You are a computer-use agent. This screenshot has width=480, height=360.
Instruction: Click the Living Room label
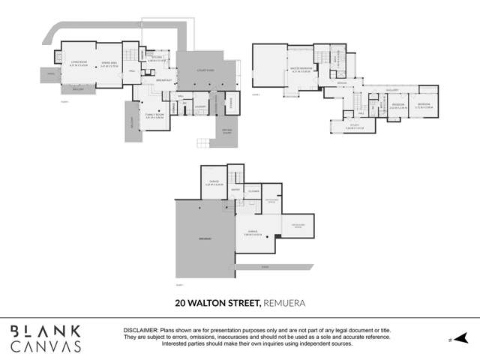click(78, 62)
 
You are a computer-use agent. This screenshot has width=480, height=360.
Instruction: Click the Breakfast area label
click(165, 80)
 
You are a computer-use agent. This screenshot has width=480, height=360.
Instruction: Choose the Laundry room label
click(199, 106)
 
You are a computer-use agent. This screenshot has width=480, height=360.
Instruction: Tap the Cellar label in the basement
click(253, 192)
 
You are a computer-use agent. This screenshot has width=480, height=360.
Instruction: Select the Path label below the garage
click(264, 266)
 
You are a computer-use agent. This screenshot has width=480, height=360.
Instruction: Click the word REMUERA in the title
click(284, 304)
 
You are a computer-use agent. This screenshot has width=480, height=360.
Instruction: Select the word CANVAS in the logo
click(46, 346)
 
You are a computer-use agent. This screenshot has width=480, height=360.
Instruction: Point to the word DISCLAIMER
click(140, 330)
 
